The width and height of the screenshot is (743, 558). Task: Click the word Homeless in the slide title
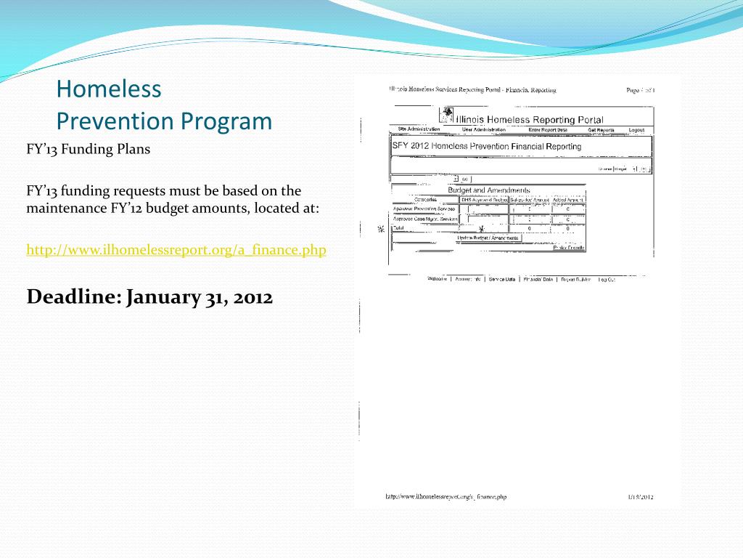point(109,89)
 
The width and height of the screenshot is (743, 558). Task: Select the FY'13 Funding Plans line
point(88,150)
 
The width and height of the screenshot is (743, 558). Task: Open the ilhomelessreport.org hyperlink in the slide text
point(176,250)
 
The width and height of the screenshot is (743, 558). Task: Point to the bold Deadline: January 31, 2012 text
point(149,297)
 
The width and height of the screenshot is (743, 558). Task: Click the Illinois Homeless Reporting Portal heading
point(529,119)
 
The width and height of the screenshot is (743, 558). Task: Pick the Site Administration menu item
point(419,129)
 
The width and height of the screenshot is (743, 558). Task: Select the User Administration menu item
point(483,130)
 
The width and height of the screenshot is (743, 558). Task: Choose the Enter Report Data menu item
point(548,130)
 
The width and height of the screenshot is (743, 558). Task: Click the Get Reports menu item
point(601,130)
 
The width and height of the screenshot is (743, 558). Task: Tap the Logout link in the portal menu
point(636,130)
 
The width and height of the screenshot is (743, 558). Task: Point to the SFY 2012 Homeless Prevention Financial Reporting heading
point(487,146)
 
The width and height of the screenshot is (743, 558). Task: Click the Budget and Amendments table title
point(488,190)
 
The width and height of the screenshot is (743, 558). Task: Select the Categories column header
point(425,200)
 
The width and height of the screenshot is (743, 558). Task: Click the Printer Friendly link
point(569,248)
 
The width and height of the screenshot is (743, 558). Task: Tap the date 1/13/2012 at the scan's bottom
point(641,497)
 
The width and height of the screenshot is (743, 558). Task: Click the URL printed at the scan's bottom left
point(446,497)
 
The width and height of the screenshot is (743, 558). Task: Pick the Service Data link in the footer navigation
point(502,279)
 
